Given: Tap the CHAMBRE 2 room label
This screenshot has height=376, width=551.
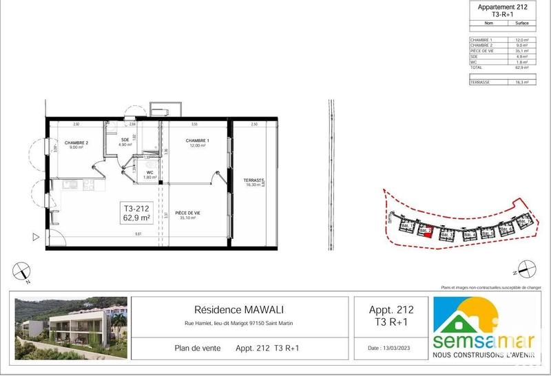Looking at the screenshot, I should point(74,143).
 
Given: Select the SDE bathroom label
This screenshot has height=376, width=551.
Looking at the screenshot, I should point(125,140).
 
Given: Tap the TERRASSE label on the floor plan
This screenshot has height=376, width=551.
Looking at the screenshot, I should point(253,182).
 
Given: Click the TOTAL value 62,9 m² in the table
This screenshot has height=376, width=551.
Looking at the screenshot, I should point(521,68).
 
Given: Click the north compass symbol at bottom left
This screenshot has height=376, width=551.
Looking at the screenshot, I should point(23,270).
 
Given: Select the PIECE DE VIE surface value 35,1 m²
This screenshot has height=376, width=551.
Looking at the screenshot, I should point(521,51).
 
